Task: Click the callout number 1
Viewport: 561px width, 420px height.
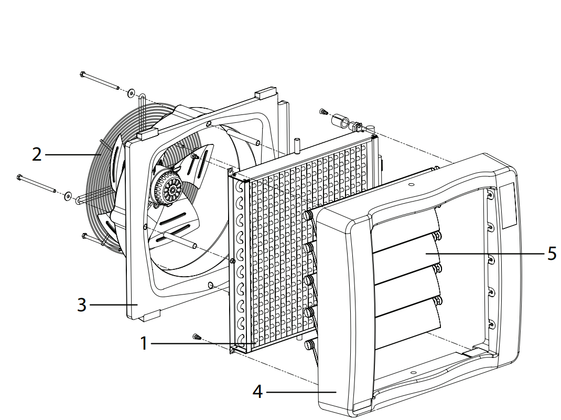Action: point(144,344)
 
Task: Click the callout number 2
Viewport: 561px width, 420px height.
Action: point(36,154)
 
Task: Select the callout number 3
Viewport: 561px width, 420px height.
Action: point(81,304)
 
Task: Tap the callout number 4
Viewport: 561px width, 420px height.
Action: point(257,392)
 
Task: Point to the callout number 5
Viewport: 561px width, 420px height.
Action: point(551,254)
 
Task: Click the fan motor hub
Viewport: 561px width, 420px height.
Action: point(171,187)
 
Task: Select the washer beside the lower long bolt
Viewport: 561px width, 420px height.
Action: point(68,196)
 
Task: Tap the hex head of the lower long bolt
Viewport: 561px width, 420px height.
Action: point(19,177)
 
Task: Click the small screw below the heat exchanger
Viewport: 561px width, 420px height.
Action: point(196,337)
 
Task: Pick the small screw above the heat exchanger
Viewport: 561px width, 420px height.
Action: point(323,112)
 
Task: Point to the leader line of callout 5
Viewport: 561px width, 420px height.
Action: point(488,254)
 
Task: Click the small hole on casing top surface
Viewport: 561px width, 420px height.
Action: point(412,185)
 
